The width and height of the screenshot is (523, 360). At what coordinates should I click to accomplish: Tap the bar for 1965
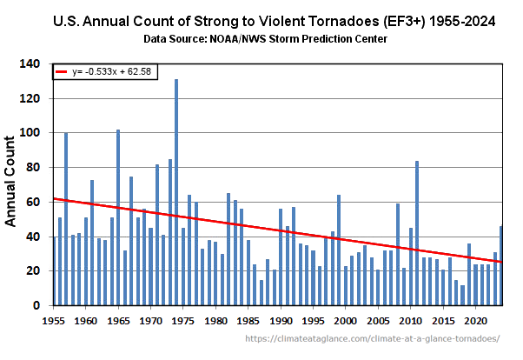click(x=118, y=217)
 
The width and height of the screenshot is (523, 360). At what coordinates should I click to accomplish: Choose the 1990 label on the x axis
click(x=281, y=321)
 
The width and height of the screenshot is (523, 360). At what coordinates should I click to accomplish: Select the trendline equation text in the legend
click(x=118, y=73)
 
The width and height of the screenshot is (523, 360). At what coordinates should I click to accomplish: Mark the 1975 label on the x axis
click(x=183, y=321)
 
